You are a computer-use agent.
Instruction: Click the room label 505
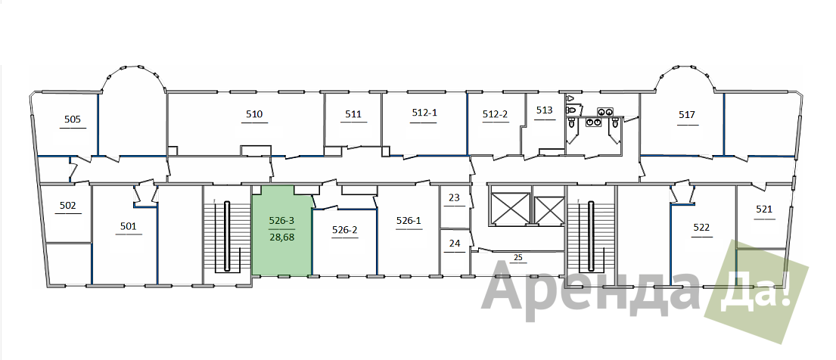[x=73, y=119]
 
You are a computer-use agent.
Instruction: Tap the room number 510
[x=254, y=113]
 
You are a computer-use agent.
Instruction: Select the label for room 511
[x=353, y=113]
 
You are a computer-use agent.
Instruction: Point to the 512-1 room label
[x=424, y=113]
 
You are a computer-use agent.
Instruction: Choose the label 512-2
[x=496, y=113]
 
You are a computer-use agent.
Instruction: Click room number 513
[x=545, y=110]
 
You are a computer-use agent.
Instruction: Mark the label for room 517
[x=687, y=114]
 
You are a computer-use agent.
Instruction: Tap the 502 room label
[x=67, y=205]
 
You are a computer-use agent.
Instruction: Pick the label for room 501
[x=129, y=226]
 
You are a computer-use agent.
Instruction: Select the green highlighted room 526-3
[x=281, y=231]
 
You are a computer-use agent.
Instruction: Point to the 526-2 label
[x=344, y=230]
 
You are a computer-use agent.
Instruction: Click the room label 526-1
[x=409, y=220]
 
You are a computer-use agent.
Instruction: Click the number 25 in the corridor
[x=517, y=258]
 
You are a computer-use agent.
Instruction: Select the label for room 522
[x=701, y=228]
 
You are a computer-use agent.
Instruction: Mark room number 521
[x=764, y=209]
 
